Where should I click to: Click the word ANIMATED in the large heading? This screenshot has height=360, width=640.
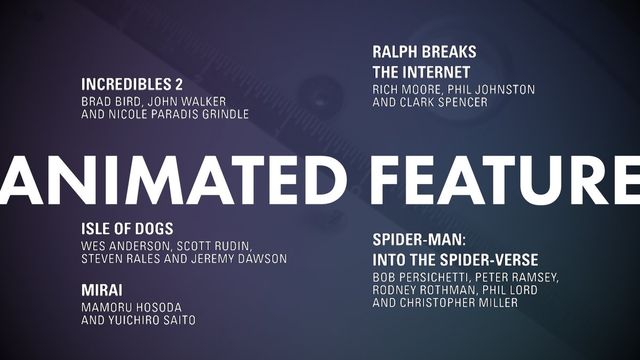click(x=173, y=180)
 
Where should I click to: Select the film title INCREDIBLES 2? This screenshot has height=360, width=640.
click(x=132, y=84)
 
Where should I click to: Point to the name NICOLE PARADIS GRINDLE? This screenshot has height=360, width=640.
click(x=178, y=114)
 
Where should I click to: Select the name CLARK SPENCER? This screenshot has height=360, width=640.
click(x=444, y=102)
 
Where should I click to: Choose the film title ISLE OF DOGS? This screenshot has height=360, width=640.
click(x=127, y=229)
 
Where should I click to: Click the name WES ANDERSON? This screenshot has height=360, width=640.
click(x=124, y=246)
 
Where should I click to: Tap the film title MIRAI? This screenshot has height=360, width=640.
click(x=102, y=290)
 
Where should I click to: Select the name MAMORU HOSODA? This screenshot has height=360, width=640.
click(x=131, y=307)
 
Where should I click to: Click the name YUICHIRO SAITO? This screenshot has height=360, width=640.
click(x=152, y=320)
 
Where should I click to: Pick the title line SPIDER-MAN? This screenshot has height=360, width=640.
click(x=419, y=240)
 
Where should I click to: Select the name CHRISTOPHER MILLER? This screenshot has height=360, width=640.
click(x=459, y=303)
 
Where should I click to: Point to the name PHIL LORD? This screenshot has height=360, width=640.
click(x=510, y=290)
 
